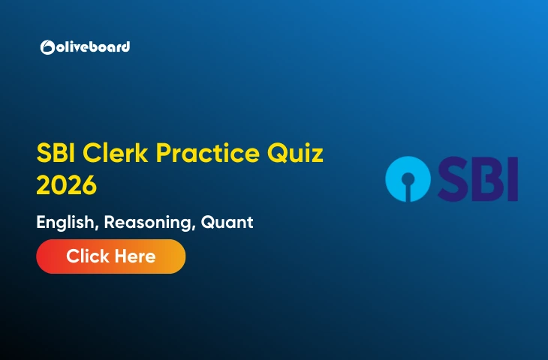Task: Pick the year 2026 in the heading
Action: point(67,184)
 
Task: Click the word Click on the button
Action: point(89,256)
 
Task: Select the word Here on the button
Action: point(136,256)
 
